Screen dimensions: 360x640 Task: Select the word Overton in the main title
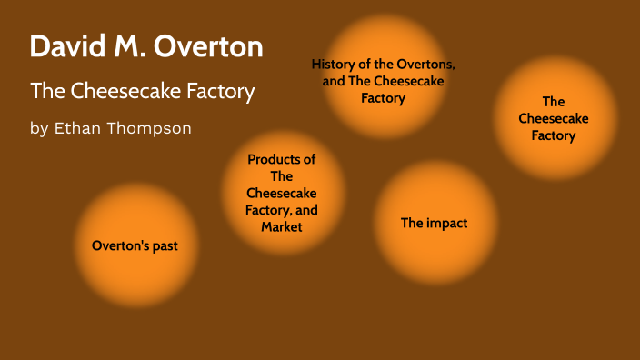[x=208, y=46]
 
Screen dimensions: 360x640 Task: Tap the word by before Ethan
[x=39, y=128]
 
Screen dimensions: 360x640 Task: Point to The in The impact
[x=413, y=223]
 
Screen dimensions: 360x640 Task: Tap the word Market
[x=282, y=226]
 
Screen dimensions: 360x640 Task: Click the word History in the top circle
[x=335, y=65]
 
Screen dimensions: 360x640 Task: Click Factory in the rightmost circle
[x=554, y=135]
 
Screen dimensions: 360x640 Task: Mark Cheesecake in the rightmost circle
[x=554, y=119]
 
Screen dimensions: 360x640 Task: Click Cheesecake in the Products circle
[x=282, y=193]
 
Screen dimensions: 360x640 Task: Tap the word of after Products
[x=309, y=159]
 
